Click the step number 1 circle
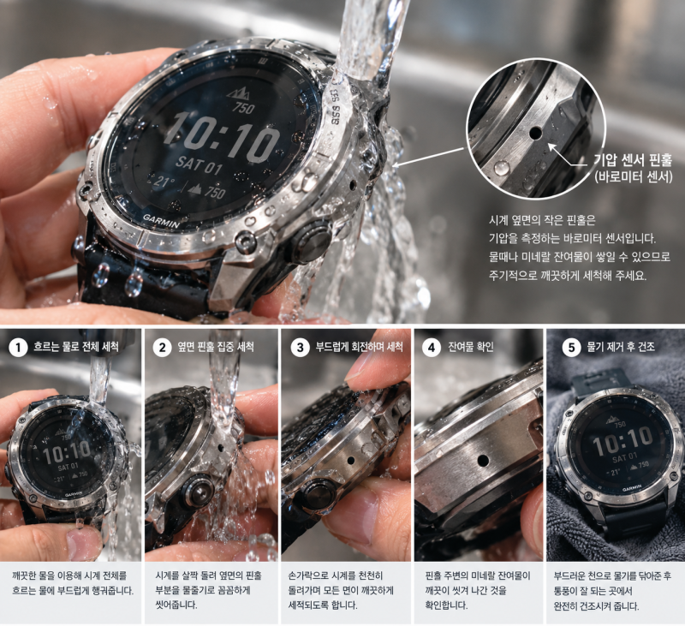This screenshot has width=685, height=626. tap(18, 348)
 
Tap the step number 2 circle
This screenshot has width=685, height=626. tap(162, 348)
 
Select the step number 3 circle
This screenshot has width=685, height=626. tap(301, 348)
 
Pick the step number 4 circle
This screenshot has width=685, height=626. tap(432, 348)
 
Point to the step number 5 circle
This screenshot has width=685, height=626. tap(571, 348)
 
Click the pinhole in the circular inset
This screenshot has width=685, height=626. tap(534, 133)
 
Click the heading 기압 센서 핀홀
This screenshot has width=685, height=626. tap(632, 160)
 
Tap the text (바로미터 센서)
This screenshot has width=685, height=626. tap(633, 177)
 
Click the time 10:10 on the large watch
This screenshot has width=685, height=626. tap(222, 137)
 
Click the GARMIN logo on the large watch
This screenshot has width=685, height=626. tap(161, 221)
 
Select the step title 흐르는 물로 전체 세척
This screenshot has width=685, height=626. tap(76, 348)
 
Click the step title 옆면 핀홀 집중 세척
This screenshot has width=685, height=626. tap(216, 348)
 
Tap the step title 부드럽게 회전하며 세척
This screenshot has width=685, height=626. tap(359, 348)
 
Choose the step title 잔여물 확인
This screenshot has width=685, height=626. tap(471, 348)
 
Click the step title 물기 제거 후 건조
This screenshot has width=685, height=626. tap(621, 348)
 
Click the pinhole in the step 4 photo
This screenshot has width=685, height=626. tap(483, 461)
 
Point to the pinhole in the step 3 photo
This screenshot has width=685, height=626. tap(350, 461)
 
